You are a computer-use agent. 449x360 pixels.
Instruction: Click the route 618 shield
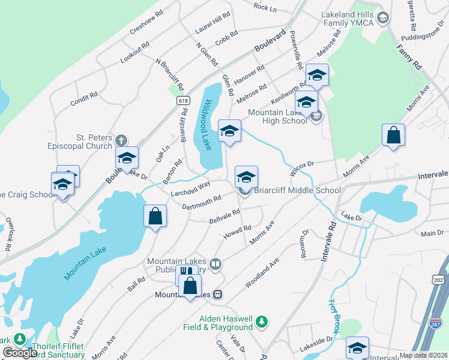coord(184,101)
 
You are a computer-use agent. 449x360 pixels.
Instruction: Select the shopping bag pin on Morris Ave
coord(393,136)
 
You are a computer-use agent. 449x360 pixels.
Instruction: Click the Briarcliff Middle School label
coord(297,191)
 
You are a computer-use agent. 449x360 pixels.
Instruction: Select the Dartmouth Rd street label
coord(202,202)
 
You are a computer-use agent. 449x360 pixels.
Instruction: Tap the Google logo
coord(20,353)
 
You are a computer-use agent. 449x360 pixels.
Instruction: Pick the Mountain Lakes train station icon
coord(219,295)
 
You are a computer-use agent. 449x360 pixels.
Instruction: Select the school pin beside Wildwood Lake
coord(229,132)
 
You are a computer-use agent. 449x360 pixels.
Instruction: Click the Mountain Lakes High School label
coord(277,116)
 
